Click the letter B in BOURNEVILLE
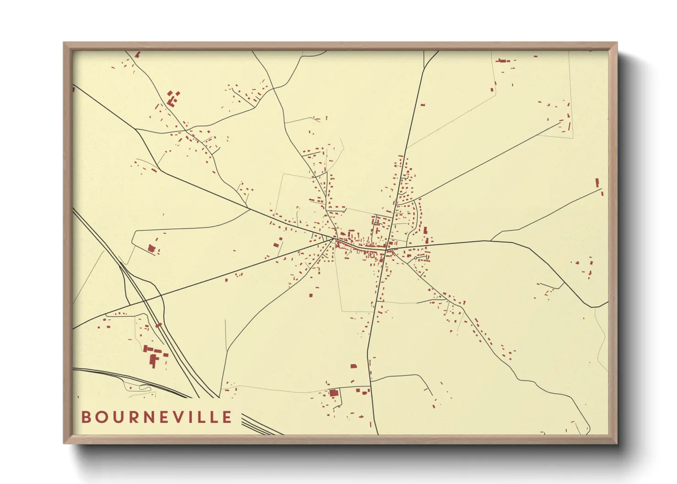point(86,417)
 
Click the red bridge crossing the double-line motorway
point(159,325)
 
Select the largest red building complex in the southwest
point(153,357)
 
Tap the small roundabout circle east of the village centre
point(415,258)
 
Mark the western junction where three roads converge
point(333,238)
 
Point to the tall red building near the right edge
point(597,183)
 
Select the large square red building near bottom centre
point(333,393)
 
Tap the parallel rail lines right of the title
point(258,425)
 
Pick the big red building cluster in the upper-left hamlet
point(172,98)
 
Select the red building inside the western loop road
point(151,248)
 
